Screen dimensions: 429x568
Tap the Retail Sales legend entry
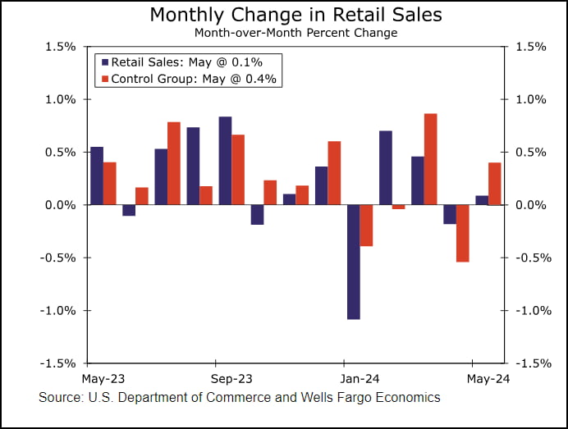click(x=189, y=62)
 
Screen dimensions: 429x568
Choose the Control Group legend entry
click(x=188, y=79)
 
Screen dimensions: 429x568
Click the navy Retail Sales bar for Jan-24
click(x=354, y=261)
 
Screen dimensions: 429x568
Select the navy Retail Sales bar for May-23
click(x=97, y=175)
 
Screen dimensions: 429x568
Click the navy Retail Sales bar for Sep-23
click(x=225, y=160)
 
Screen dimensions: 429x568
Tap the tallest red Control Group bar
click(x=430, y=158)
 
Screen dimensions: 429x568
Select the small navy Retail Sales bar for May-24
click(x=482, y=200)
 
